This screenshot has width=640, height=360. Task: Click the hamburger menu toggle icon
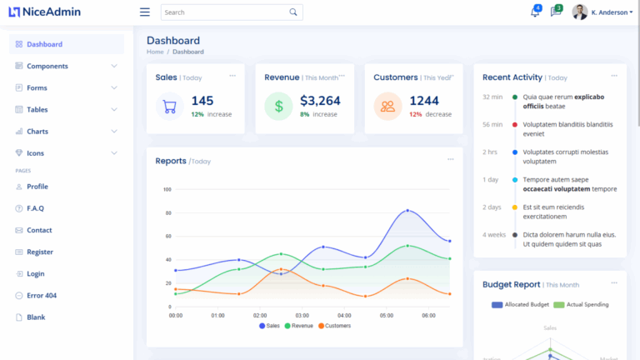pos(145,12)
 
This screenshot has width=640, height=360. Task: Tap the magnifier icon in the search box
pos(293,12)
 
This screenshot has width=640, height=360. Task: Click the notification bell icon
pos(535,12)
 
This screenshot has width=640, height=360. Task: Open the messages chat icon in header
pos(556,12)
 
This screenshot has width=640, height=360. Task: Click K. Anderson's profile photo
pos(580,12)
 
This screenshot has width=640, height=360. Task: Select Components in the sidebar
pos(47,66)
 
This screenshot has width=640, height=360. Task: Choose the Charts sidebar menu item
pos(37,132)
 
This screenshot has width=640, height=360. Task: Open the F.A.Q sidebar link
pos(35,208)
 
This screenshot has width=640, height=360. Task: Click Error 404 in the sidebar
pos(42,296)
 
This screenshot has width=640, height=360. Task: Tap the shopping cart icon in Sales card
pos(170,107)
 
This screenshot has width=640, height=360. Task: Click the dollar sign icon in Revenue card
pos(278,107)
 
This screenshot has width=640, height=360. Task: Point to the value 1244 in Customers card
pos(424,101)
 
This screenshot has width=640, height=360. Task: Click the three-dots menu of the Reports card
pos(451,159)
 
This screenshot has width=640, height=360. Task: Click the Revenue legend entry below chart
pos(299,326)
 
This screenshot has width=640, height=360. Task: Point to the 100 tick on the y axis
pos(167,190)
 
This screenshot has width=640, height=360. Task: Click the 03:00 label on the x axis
pos(302,316)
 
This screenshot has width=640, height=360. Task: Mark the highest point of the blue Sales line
pos(407,210)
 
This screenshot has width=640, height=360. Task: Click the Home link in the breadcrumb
pos(155,52)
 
